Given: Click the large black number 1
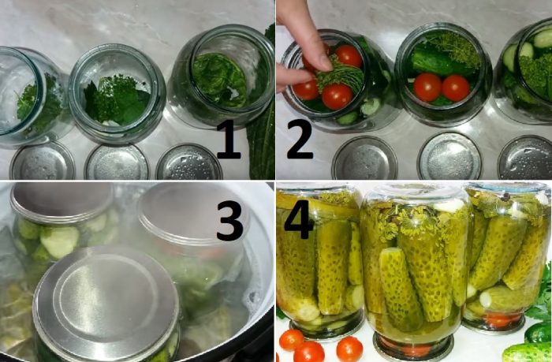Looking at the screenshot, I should pyautogui.click(x=229, y=142).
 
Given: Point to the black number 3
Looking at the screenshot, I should pyautogui.click(x=229, y=222).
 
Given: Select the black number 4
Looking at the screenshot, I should pyautogui.click(x=299, y=214).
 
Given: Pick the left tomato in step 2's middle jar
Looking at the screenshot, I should pyautogui.click(x=428, y=87).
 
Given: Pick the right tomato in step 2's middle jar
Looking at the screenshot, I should pyautogui.click(x=455, y=87).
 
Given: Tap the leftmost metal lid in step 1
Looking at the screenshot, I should pyautogui.click(x=42, y=162).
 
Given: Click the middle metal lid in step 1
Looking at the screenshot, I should pyautogui.click(x=117, y=162).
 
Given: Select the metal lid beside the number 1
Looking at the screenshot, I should pyautogui.click(x=189, y=162).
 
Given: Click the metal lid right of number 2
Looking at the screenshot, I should pyautogui.click(x=364, y=158).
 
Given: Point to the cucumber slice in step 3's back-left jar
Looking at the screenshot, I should pyautogui.click(x=59, y=241).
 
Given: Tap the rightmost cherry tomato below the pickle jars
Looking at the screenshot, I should pyautogui.click(x=349, y=348).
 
